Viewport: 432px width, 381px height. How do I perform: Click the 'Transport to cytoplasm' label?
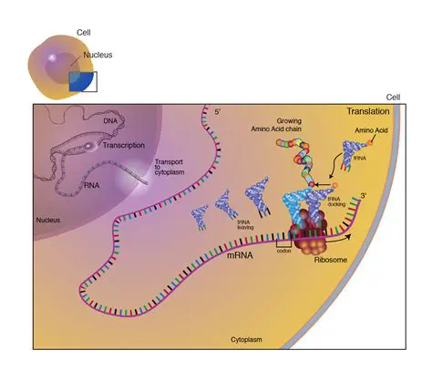(170, 163)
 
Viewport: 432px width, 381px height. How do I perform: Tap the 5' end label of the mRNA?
(218, 112)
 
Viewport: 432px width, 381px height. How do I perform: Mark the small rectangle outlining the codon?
(283, 242)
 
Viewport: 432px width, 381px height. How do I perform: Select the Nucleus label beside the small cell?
(98, 55)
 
